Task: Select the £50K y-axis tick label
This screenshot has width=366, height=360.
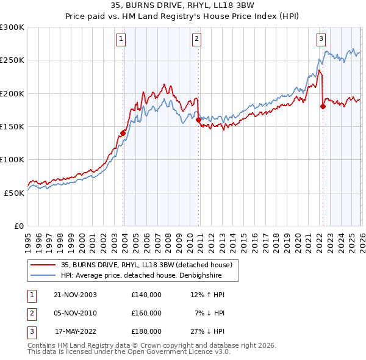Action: tap(14, 192)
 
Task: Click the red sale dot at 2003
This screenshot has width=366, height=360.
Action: tap(123, 133)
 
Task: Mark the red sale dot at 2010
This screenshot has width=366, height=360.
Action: tap(198, 120)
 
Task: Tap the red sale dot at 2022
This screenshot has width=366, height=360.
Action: tap(323, 107)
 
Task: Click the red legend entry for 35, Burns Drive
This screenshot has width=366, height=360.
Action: tap(146, 265)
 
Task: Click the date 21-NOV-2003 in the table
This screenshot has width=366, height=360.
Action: tap(76, 294)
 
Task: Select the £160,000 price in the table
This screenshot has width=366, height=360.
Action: tap(146, 312)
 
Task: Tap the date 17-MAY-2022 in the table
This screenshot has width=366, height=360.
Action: tap(76, 331)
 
